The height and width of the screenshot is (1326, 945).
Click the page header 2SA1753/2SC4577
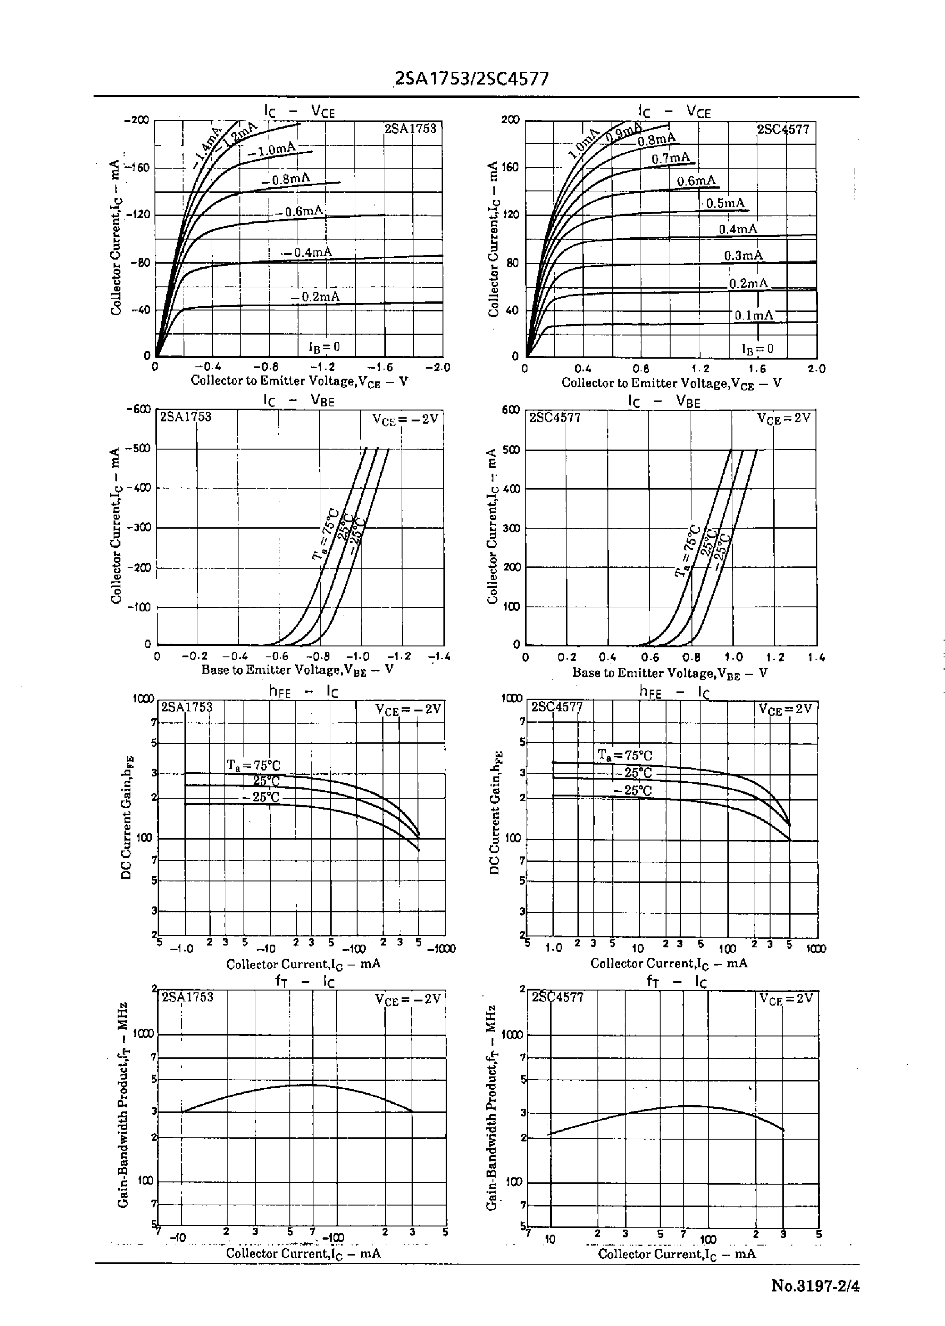click(x=471, y=79)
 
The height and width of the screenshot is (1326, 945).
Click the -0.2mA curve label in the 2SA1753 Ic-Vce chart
click(x=316, y=297)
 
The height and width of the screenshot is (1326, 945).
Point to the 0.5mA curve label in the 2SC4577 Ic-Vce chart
click(x=725, y=203)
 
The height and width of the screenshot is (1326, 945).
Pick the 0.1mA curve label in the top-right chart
click(x=754, y=315)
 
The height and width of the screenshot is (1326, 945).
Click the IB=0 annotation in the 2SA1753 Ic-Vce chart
click(x=324, y=347)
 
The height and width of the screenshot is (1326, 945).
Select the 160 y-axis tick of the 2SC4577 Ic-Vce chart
click(x=512, y=168)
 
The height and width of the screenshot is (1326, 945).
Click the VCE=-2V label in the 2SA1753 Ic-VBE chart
click(x=406, y=419)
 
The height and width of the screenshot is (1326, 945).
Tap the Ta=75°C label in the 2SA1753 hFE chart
click(x=254, y=765)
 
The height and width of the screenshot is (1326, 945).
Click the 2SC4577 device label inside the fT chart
click(x=557, y=997)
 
